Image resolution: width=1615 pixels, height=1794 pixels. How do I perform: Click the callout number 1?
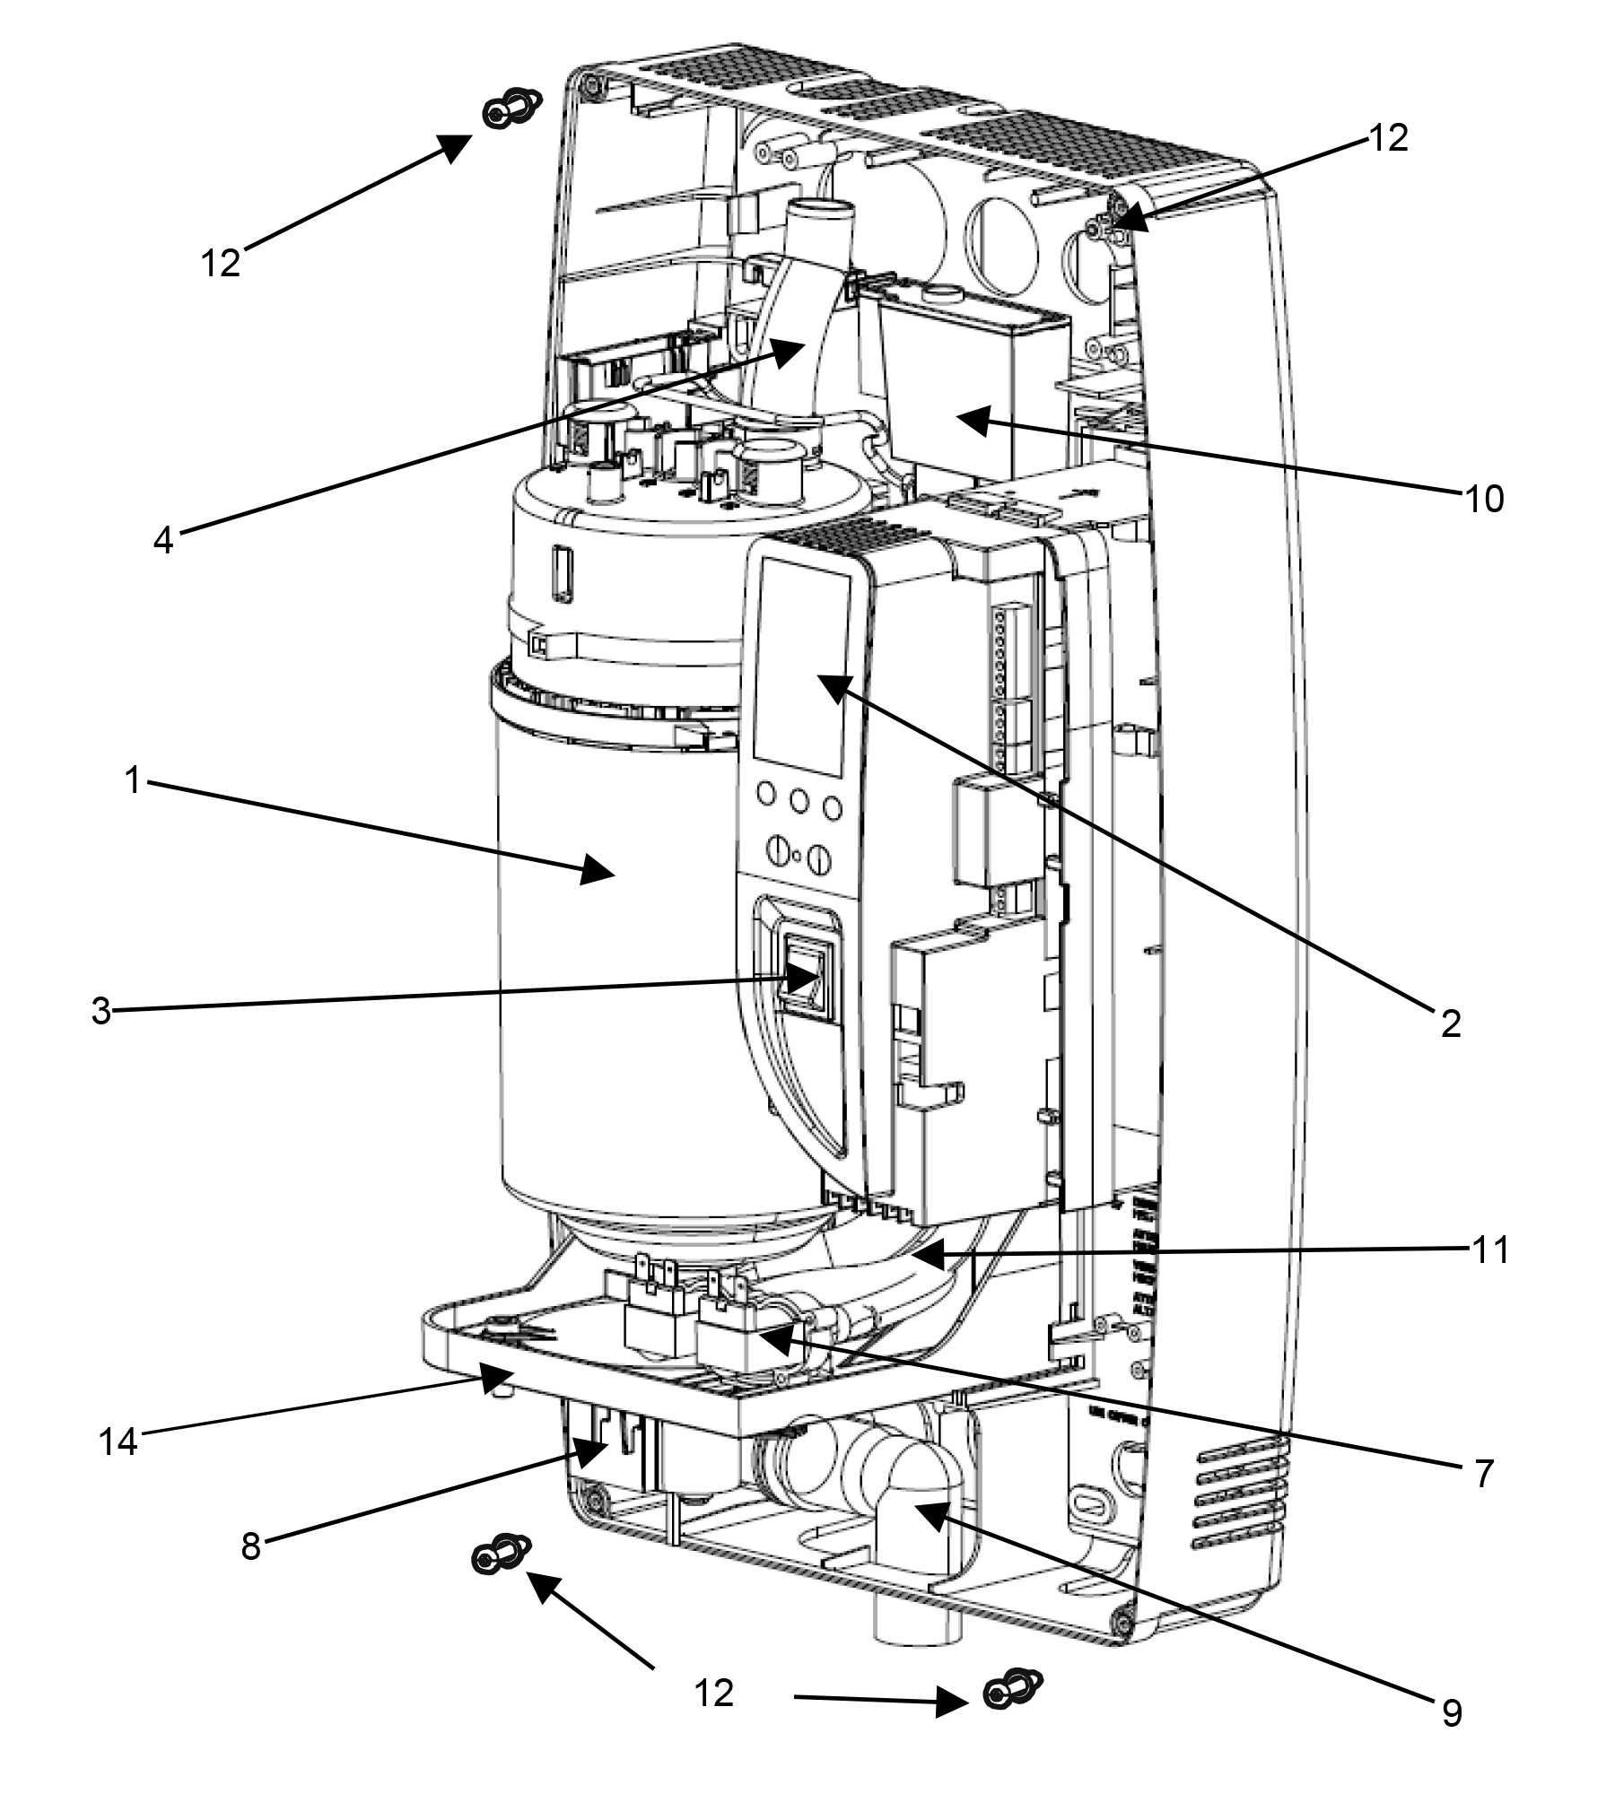point(134,780)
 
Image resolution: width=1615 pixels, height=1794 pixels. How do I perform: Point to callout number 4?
point(162,540)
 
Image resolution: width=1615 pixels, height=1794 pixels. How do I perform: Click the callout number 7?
point(1485,1473)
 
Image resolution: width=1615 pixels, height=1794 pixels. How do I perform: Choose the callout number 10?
point(1484,499)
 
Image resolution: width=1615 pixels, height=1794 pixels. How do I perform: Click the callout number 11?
point(1489,1250)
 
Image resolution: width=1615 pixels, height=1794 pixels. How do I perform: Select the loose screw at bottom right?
point(1012,1691)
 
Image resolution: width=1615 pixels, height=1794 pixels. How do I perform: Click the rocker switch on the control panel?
point(806,976)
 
